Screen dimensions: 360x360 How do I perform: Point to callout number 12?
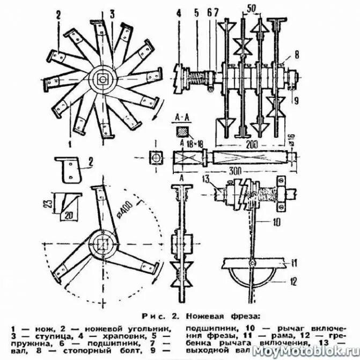point(294,279)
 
